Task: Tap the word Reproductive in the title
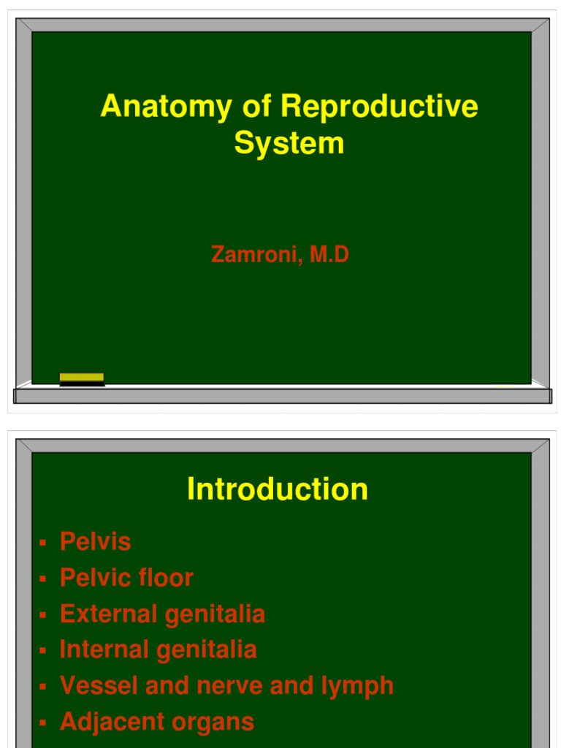tap(379, 107)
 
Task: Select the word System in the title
tap(289, 143)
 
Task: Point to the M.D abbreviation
tap(329, 255)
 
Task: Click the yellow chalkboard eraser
tap(82, 378)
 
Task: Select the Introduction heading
tap(278, 489)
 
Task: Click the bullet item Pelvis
tap(96, 542)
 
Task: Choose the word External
tap(109, 614)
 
